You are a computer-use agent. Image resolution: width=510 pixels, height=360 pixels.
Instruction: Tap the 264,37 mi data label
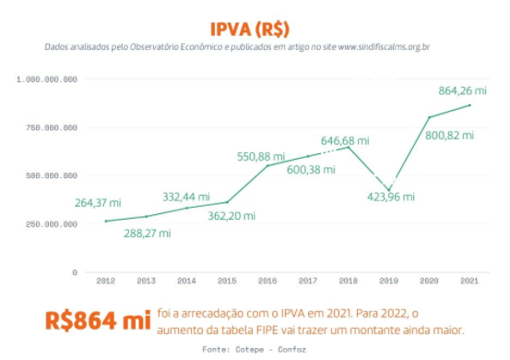[99, 203]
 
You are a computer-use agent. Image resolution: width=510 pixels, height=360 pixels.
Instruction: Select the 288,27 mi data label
[148, 234]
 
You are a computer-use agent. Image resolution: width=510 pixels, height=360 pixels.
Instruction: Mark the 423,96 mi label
[391, 196]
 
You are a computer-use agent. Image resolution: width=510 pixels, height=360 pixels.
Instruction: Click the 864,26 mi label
[449, 90]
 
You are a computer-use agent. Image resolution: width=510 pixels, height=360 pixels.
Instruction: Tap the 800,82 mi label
[449, 135]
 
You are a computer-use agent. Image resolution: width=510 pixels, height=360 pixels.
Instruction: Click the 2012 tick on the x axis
[106, 280]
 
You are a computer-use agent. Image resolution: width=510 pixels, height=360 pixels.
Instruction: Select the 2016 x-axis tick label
[268, 280]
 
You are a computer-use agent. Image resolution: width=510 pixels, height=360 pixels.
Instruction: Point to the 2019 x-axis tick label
[389, 280]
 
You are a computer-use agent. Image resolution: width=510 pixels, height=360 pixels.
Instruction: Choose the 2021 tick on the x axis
[470, 280]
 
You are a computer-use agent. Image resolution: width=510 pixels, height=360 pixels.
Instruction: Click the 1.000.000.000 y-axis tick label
[47, 79]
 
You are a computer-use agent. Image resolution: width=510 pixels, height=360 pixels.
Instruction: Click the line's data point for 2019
[389, 190]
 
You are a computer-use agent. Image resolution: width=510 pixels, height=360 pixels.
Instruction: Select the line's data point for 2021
[470, 105]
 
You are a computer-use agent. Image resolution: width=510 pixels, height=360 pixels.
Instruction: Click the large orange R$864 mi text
[98, 320]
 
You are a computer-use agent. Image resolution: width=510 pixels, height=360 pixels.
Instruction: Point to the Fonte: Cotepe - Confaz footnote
[255, 349]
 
